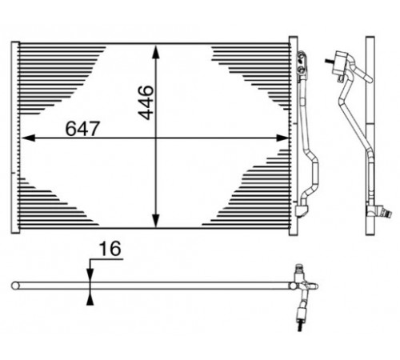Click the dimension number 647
point(82,129)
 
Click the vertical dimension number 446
point(146,102)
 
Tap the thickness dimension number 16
point(110,249)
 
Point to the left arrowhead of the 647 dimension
point(28,138)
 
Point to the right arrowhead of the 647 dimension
point(282,138)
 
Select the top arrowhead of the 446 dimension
point(156,51)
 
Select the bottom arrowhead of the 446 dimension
point(156,221)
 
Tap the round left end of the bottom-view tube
point(15,286)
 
